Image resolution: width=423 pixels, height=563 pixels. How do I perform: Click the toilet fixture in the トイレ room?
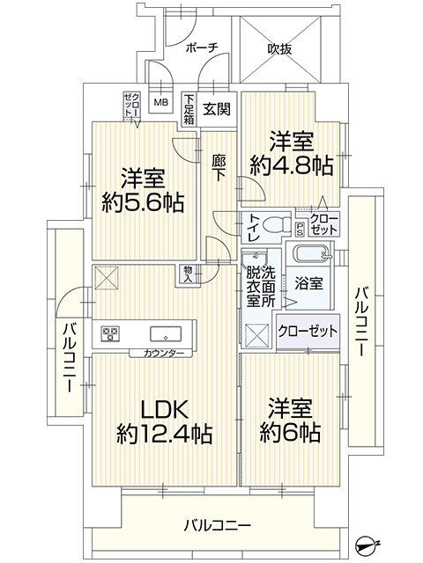tap(277, 225)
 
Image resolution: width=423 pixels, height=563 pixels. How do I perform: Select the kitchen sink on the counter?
tap(166, 334)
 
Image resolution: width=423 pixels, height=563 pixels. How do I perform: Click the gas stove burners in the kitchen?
tap(110, 333)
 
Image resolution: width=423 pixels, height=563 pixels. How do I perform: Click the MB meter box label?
tap(161, 102)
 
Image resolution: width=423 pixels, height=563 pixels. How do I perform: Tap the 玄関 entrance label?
tap(217, 109)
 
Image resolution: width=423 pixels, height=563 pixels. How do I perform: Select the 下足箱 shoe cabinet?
tap(189, 109)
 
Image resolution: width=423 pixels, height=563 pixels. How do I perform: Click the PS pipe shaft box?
tap(300, 230)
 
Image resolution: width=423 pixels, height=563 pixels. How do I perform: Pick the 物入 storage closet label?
tap(188, 274)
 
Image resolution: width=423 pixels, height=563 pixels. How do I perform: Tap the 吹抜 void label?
tap(279, 49)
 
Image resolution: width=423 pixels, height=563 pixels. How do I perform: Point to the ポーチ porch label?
tap(202, 48)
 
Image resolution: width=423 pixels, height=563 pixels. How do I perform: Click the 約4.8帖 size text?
tap(291, 166)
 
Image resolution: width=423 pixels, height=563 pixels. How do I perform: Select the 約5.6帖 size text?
tap(143, 202)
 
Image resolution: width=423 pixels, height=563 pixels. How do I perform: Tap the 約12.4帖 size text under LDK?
tap(165, 434)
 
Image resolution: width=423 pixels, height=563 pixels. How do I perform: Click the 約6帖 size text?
tap(290, 432)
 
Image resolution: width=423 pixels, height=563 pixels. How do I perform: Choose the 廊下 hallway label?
tap(219, 168)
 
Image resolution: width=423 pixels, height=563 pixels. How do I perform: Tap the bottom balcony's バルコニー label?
tap(218, 526)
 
